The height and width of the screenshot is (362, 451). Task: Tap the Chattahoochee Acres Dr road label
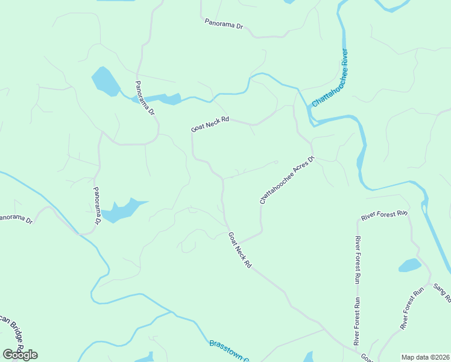[x=287, y=180]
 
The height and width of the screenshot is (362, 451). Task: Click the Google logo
[x=20, y=355]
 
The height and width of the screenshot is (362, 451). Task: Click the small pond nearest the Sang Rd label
[x=409, y=265]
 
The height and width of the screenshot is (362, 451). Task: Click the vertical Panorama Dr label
[x=96, y=206]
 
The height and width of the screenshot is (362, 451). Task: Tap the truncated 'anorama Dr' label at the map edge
[x=15, y=218]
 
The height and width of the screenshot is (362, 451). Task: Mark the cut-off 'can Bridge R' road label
[x=12, y=335]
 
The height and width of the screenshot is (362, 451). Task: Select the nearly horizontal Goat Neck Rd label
[x=210, y=124]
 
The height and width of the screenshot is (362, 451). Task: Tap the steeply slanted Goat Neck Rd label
[x=239, y=250]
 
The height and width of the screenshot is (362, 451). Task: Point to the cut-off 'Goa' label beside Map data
[x=365, y=357]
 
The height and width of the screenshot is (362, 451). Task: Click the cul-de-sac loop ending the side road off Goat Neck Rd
[x=275, y=162]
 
